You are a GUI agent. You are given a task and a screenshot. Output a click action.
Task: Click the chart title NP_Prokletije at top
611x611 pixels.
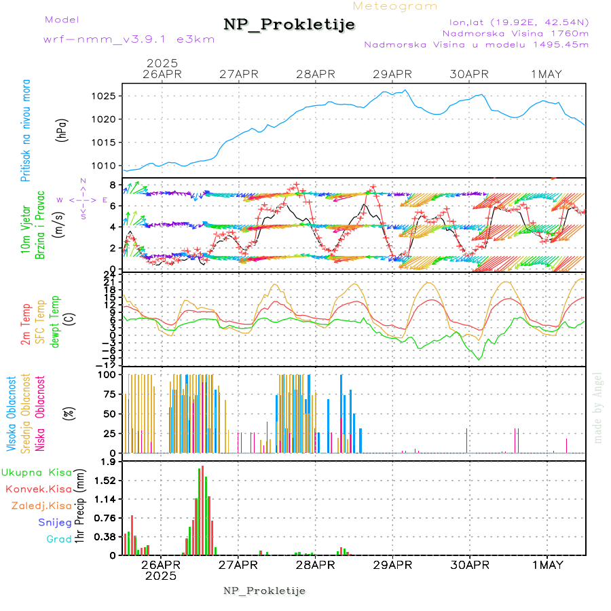(289, 25)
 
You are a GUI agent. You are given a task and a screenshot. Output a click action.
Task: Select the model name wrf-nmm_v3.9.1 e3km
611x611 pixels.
(129, 39)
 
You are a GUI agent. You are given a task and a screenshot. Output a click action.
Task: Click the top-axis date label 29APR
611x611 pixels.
(392, 74)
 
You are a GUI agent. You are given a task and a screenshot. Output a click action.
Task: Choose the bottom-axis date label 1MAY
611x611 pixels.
(547, 565)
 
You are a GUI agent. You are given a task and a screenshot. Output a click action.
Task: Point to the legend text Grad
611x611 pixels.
(58, 539)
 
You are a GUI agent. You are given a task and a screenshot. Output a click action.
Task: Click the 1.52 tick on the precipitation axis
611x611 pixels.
(105, 481)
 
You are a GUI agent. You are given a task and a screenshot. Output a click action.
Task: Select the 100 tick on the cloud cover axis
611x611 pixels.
(109, 374)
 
